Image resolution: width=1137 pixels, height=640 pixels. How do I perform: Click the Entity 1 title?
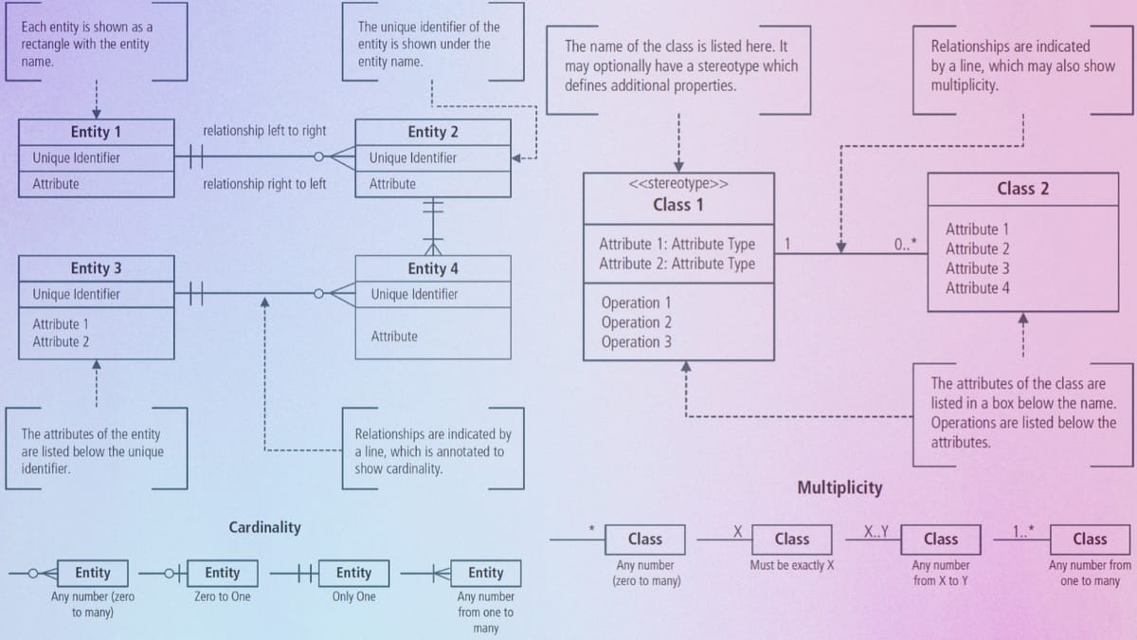pyautogui.click(x=95, y=132)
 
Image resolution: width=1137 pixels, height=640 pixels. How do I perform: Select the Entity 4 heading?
pyautogui.click(x=432, y=268)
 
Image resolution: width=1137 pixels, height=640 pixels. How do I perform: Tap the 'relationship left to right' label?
pyautogui.click(x=264, y=131)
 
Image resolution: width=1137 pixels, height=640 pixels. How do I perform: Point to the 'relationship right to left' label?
pyautogui.click(x=264, y=184)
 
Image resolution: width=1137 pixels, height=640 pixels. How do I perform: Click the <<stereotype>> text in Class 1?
pyautogui.click(x=678, y=185)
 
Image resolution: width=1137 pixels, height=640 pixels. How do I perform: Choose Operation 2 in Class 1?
pyautogui.click(x=636, y=322)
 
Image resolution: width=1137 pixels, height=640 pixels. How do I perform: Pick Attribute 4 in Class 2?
pyautogui.click(x=977, y=288)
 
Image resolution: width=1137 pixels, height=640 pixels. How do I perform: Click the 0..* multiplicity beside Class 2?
pyautogui.click(x=905, y=245)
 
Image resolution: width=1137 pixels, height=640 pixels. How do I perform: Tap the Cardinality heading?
pyautogui.click(x=264, y=527)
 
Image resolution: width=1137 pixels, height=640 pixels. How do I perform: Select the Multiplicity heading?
pyautogui.click(x=839, y=487)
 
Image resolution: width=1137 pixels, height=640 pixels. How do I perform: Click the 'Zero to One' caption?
pyautogui.click(x=222, y=597)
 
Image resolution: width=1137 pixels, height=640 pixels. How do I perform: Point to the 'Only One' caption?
pyautogui.click(x=353, y=597)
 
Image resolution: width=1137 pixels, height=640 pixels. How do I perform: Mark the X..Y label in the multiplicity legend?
pyautogui.click(x=875, y=530)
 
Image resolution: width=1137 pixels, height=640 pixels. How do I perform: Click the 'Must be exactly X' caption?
pyautogui.click(x=791, y=566)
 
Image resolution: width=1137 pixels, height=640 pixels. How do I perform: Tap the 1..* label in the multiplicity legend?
pyautogui.click(x=1022, y=530)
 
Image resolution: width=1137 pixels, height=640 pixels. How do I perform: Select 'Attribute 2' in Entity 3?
pyautogui.click(x=61, y=341)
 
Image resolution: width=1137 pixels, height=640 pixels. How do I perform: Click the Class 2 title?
pyautogui.click(x=1022, y=189)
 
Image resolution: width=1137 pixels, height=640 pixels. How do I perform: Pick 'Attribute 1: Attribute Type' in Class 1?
pyautogui.click(x=677, y=245)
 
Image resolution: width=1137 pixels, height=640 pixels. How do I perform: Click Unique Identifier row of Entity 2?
pyautogui.click(x=412, y=158)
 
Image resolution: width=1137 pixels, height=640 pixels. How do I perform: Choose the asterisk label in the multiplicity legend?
pyautogui.click(x=591, y=529)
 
